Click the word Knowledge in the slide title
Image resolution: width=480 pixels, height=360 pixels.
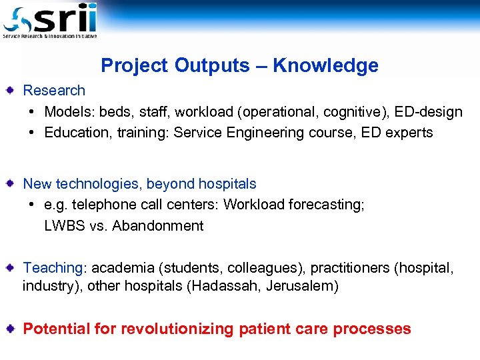[325, 65]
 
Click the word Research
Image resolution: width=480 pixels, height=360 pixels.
[54, 91]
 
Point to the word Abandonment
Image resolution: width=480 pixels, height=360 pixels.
[158, 226]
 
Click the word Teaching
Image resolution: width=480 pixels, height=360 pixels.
[52, 268]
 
